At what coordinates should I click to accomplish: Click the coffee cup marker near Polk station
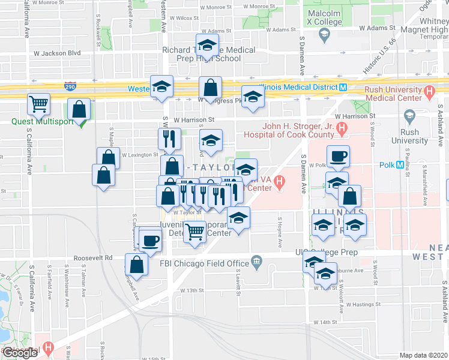coord(337,157)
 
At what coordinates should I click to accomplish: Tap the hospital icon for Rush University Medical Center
coord(429,92)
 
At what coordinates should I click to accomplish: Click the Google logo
coord(20,353)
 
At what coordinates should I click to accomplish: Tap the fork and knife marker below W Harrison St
coord(169,139)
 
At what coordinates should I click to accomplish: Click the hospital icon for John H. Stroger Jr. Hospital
coord(342,127)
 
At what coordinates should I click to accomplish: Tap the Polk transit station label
coord(387,164)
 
